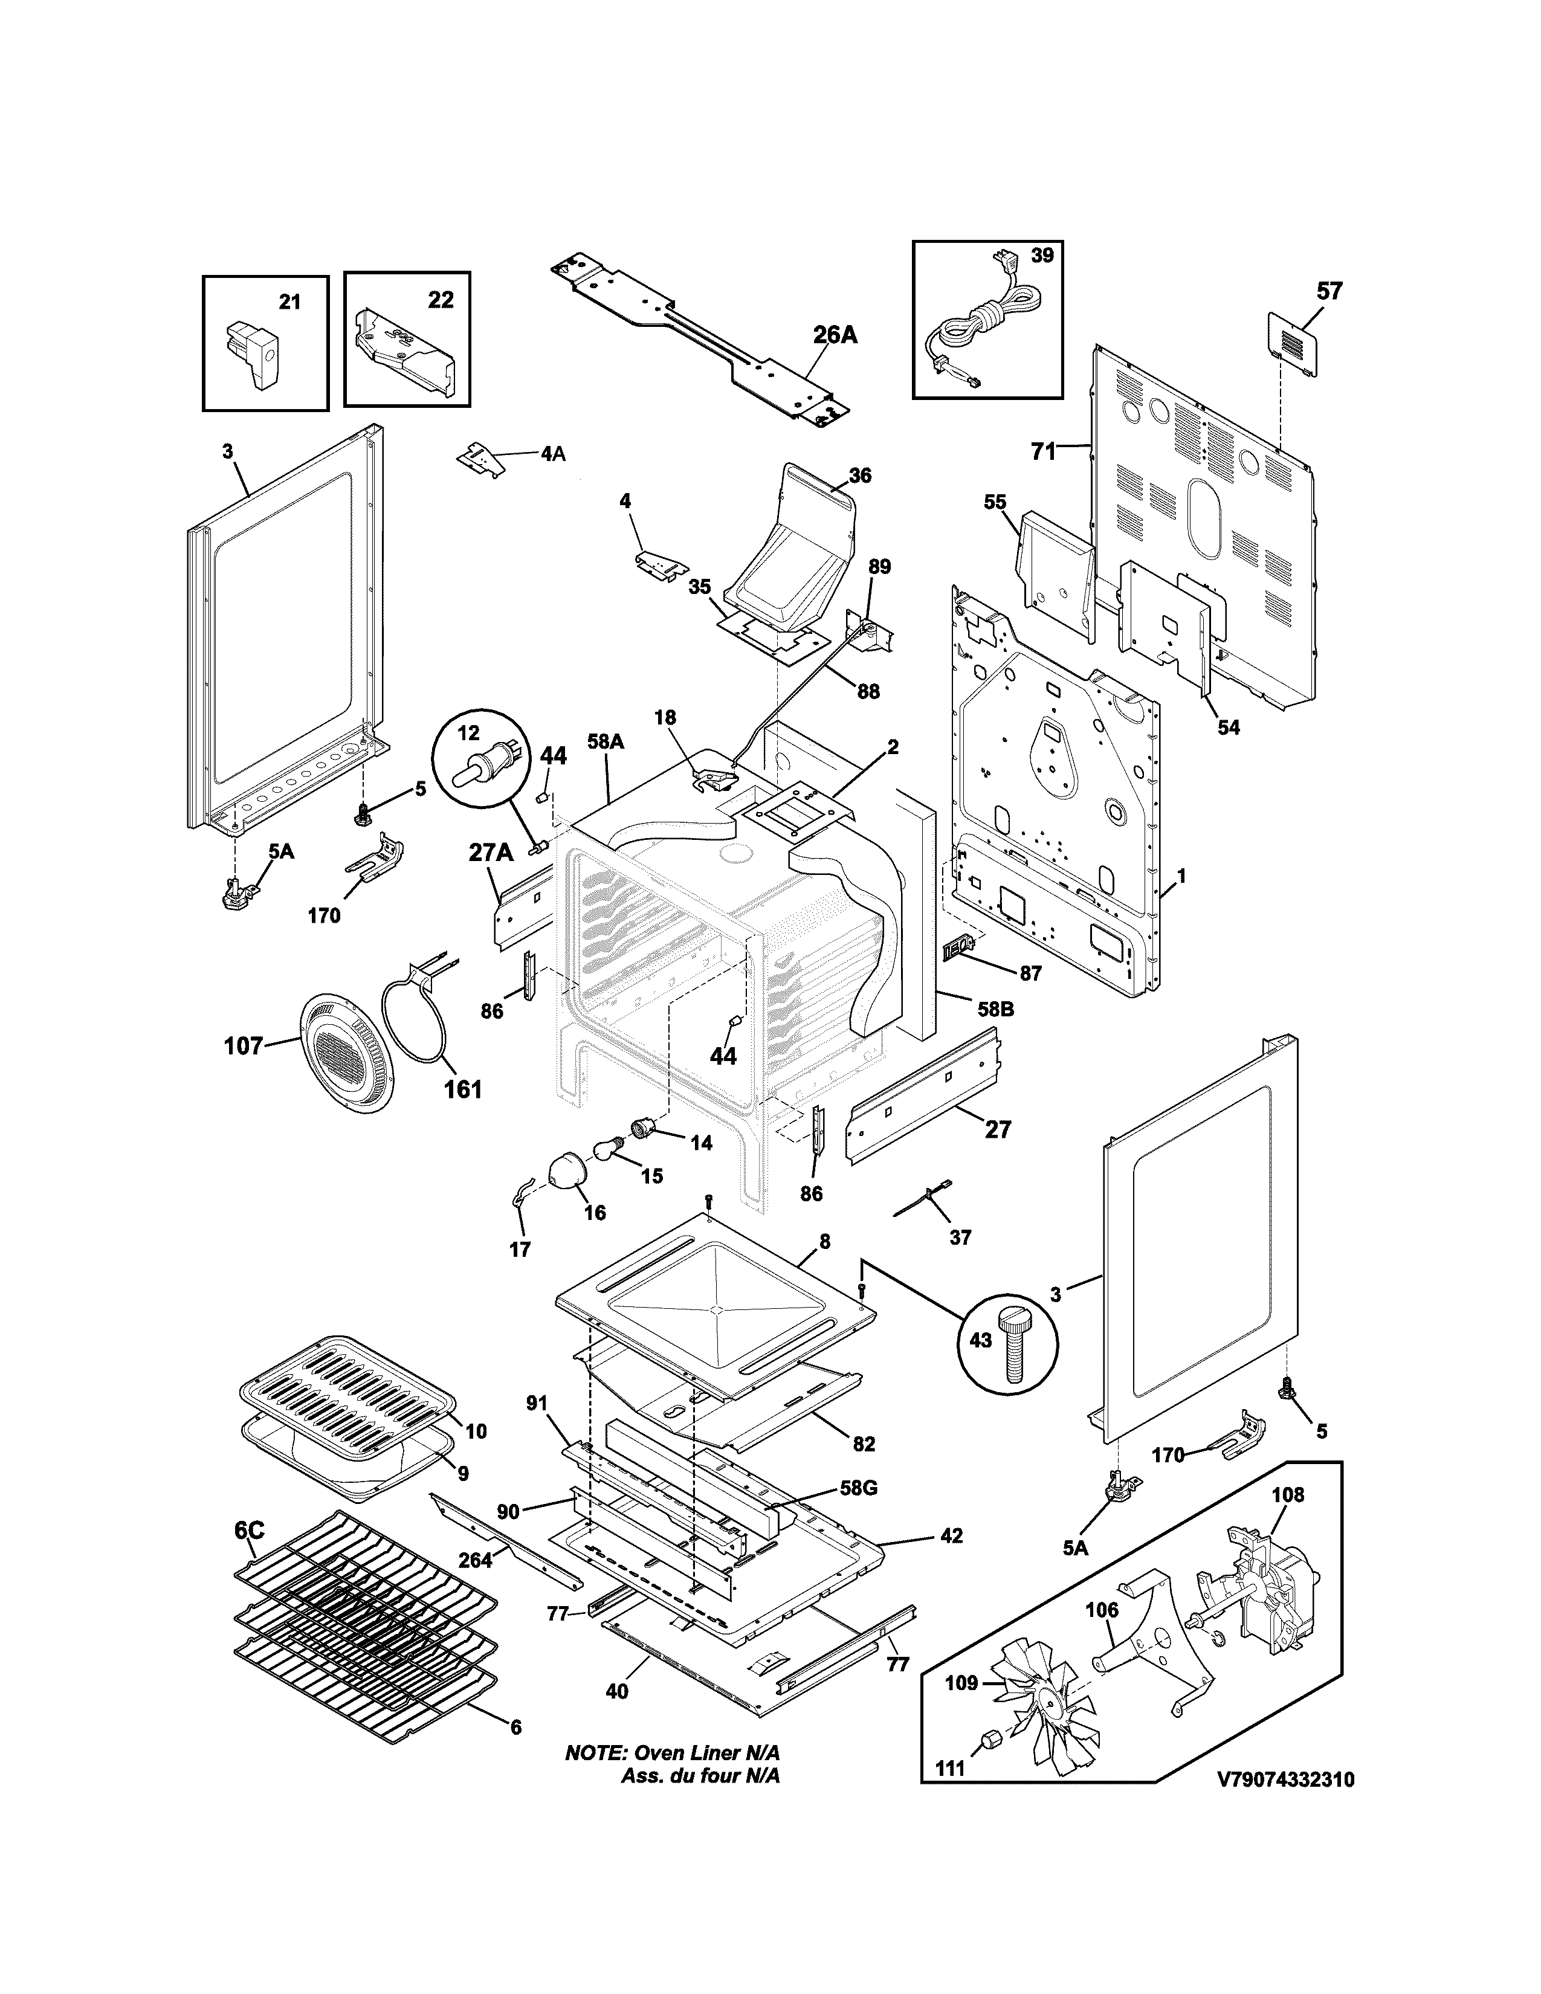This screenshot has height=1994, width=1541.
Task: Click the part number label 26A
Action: point(835,335)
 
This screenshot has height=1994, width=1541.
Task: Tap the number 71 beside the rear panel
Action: point(1042,451)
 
